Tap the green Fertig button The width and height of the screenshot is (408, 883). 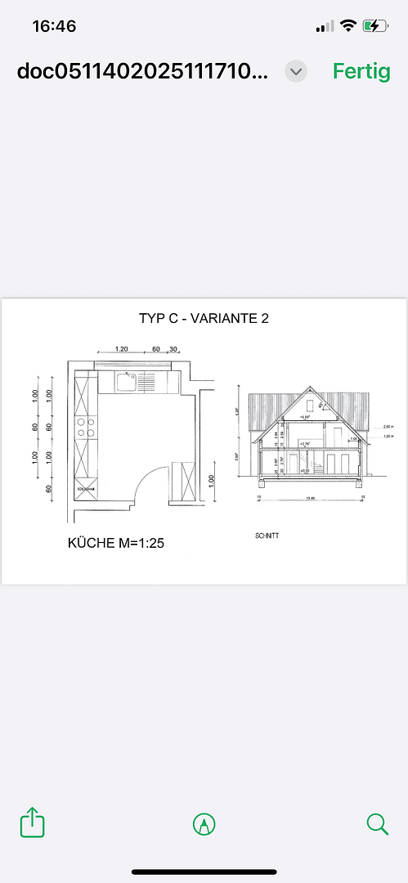click(361, 71)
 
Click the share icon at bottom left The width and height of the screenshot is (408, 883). click(31, 822)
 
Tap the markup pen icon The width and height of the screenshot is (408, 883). click(204, 823)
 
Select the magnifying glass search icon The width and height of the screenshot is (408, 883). click(377, 823)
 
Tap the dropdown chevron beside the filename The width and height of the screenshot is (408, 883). click(296, 71)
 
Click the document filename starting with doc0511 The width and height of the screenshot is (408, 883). click(142, 71)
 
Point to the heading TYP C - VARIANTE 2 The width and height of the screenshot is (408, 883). click(204, 319)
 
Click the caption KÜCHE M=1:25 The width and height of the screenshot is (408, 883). click(116, 542)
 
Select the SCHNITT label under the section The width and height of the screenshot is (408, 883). click(267, 537)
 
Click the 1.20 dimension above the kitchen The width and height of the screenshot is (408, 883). click(122, 349)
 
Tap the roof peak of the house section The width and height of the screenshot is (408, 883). click(308, 387)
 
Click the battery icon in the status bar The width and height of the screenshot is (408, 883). click(375, 26)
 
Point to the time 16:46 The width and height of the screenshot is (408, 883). click(54, 26)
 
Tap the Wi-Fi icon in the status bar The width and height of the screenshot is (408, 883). click(348, 26)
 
